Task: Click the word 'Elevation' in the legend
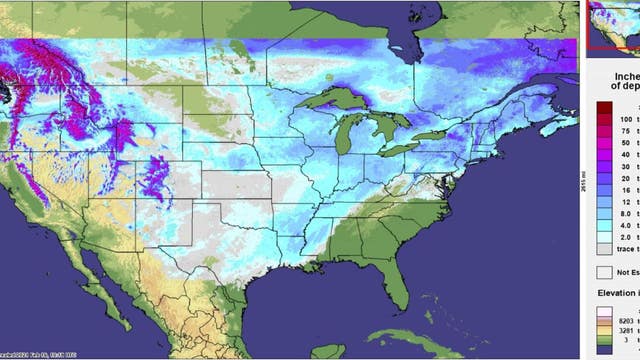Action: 617,293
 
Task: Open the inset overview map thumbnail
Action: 612,25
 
